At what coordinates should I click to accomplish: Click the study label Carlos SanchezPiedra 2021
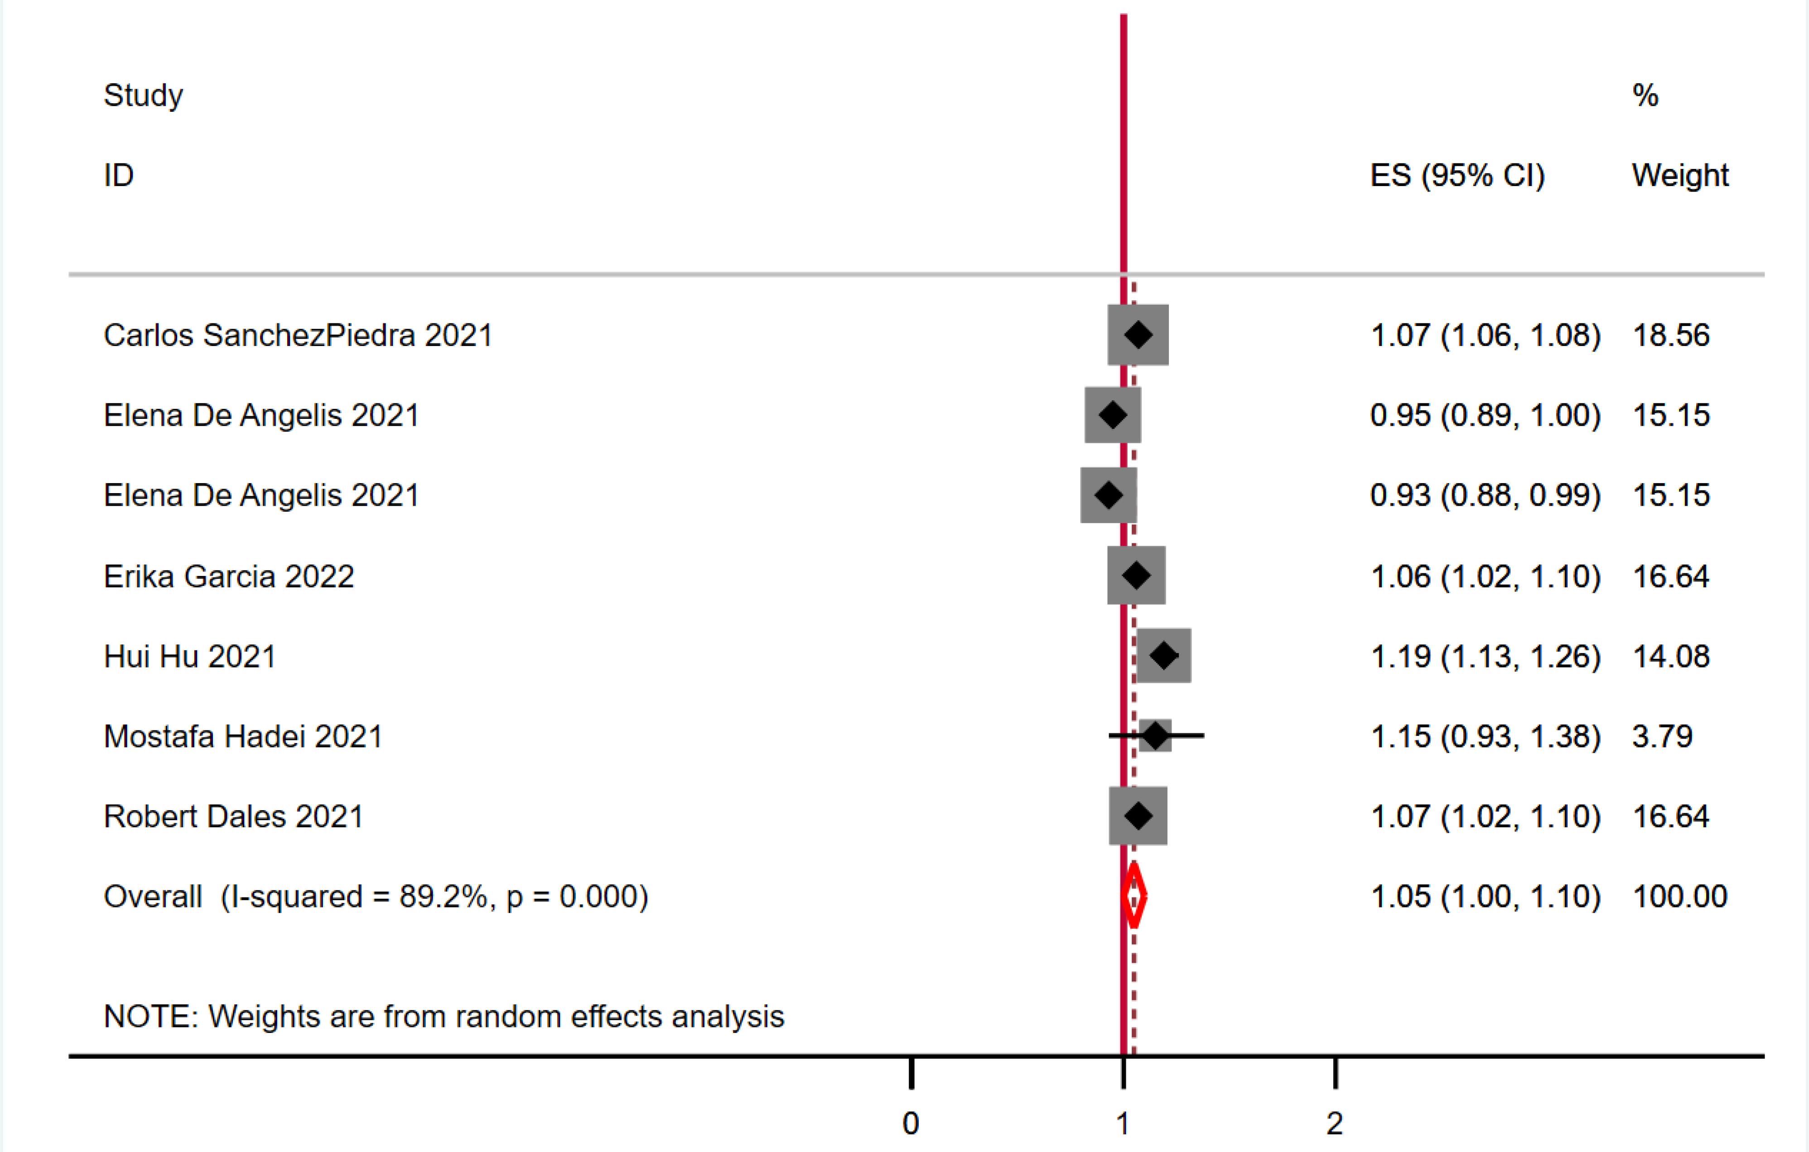pos(298,335)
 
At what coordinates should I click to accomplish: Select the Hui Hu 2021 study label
pos(190,656)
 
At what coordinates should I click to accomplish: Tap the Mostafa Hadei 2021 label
pos(243,736)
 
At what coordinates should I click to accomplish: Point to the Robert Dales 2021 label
pos(234,816)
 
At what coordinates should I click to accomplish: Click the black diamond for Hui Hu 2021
pos(1164,656)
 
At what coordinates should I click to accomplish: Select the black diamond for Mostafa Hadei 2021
pos(1155,736)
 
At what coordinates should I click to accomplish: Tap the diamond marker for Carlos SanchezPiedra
pos(1138,335)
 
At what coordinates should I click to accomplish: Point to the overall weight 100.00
pos(1680,896)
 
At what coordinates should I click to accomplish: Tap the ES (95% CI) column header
pos(1457,176)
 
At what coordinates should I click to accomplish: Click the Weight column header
pos(1680,176)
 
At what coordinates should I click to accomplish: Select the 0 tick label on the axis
pos(911,1123)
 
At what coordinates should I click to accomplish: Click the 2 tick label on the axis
pos(1334,1123)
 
